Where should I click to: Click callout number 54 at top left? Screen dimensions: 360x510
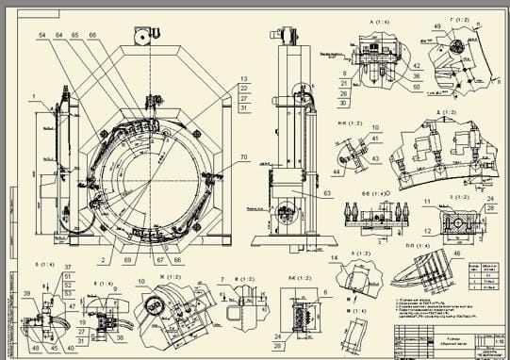pos(42,35)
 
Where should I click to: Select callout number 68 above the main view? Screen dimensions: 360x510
pos(92,35)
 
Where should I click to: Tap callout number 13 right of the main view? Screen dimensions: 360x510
pos(243,78)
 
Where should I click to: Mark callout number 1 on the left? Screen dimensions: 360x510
pos(32,96)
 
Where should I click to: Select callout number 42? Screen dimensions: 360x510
pos(416,66)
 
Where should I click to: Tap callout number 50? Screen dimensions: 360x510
pos(416,87)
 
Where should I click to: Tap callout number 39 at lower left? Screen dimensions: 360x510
pos(26,293)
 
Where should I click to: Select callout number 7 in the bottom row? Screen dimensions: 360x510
pos(220,280)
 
